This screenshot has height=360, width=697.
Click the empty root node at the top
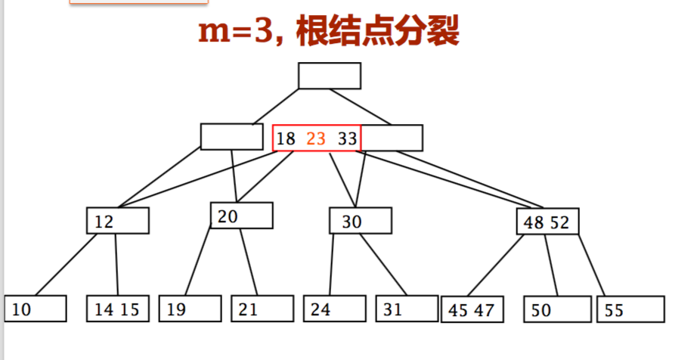point(329,76)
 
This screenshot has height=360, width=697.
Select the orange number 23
point(316,139)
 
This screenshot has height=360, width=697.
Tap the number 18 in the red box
point(286,139)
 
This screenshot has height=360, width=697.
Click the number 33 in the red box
point(347,139)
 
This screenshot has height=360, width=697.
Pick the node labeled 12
point(117,221)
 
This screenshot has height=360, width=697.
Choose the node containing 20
point(241,216)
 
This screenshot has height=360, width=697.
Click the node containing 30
point(360,221)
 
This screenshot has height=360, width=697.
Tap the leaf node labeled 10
point(36,309)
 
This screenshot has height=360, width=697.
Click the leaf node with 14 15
point(117,309)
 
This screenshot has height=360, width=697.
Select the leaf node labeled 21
point(262,309)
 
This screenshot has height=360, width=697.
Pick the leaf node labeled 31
point(407,309)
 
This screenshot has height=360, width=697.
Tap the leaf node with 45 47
point(472,309)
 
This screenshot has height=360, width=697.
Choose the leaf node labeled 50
point(556,309)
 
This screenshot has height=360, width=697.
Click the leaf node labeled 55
point(630,309)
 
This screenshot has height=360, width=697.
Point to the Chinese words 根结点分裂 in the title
point(376,32)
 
